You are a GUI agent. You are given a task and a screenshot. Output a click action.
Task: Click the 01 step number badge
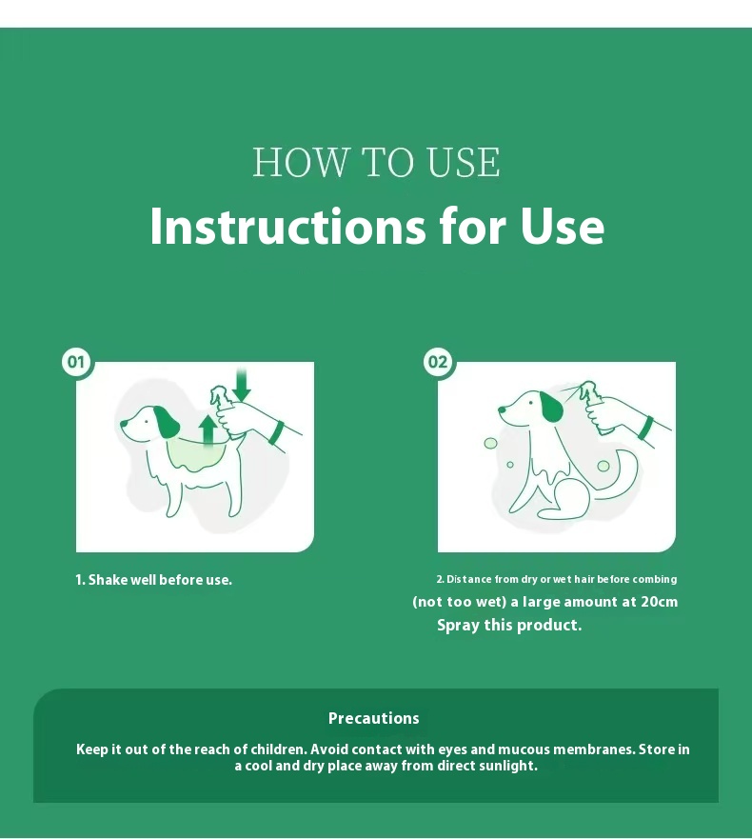coord(75,362)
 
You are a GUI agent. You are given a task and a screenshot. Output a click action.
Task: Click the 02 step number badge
coord(438,362)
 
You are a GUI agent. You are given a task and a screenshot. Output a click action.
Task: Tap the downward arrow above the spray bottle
coord(243,384)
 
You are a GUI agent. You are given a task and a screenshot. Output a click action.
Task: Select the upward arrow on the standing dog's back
coord(208,429)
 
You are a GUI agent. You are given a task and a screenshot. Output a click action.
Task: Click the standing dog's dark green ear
coord(166,422)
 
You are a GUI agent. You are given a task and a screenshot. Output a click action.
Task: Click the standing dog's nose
coord(124,423)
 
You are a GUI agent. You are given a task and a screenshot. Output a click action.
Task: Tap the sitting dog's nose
coord(503,410)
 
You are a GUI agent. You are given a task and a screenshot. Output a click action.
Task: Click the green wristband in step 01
coord(277,433)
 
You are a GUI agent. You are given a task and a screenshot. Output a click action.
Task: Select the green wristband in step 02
coord(646,428)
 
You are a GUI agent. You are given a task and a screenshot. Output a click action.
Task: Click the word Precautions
coord(374,718)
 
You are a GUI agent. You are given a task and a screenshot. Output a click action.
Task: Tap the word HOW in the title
coord(300,162)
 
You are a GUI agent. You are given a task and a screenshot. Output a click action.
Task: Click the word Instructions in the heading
coord(287,226)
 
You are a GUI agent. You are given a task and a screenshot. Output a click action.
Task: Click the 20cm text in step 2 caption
coord(659,602)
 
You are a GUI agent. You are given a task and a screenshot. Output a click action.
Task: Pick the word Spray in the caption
coord(458,626)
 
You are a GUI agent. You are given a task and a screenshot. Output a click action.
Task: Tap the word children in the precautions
coord(279,749)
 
